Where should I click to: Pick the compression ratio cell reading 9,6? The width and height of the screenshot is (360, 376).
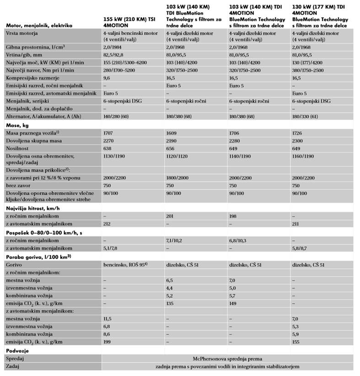pos(107,78)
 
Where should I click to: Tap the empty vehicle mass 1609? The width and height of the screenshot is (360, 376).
pos(172,132)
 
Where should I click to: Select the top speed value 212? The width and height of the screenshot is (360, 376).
pos(108,223)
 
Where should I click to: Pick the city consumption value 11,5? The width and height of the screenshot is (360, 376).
pos(108,318)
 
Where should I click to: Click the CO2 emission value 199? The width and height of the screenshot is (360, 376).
pos(108,341)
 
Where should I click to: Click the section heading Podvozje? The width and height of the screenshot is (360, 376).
pos(17,350)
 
